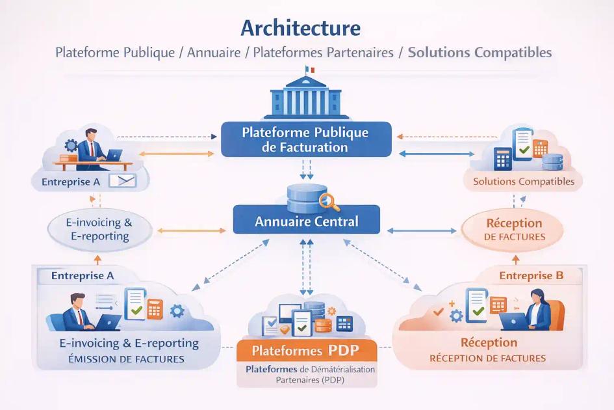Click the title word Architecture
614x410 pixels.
tap(300, 28)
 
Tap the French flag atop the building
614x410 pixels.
tap(310, 70)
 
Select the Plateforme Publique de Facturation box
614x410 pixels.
tap(305, 139)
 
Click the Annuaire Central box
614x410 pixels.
tap(306, 221)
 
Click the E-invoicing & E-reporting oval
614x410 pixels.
tap(100, 229)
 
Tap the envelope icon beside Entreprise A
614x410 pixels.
tap(122, 181)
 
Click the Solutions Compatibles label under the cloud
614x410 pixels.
tap(524, 182)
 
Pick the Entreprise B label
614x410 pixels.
tap(531, 275)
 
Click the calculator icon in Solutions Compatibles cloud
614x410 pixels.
tap(503, 159)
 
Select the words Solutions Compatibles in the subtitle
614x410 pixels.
tap(480, 52)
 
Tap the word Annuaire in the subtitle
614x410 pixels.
tap(214, 52)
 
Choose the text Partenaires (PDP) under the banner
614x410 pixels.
tap(305, 380)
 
